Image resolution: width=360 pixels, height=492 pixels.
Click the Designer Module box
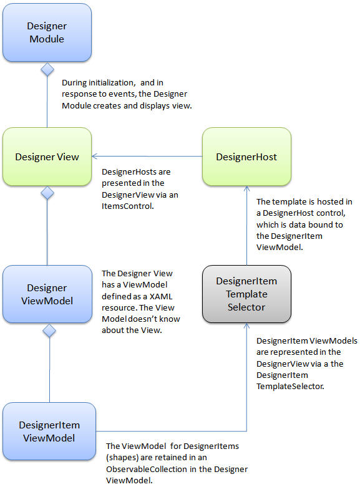pos(47,32)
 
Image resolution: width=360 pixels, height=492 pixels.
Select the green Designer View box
pos(47,157)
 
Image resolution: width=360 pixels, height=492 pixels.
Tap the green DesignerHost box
pos(246,157)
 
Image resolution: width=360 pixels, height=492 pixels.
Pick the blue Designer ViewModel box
pos(47,294)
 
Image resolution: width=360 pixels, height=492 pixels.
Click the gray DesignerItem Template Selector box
pos(246,294)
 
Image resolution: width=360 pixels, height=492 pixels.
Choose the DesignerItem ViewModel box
pos(49,431)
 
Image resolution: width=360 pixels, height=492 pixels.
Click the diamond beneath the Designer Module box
pos(47,69)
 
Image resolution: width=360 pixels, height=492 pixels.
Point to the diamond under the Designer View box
pos(47,193)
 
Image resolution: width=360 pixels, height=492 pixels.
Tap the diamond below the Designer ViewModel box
pos(49,330)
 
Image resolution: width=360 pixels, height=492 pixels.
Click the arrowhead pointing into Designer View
pos(94,156)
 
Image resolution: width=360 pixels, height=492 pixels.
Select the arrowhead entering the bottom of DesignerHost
pos(246,188)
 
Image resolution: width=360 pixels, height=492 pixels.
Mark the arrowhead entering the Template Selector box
pos(246,326)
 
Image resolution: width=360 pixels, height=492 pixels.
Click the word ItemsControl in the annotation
pos(127,206)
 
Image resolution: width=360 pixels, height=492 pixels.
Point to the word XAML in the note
pos(161,296)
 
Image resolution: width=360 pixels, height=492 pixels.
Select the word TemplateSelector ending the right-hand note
pos(290,386)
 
